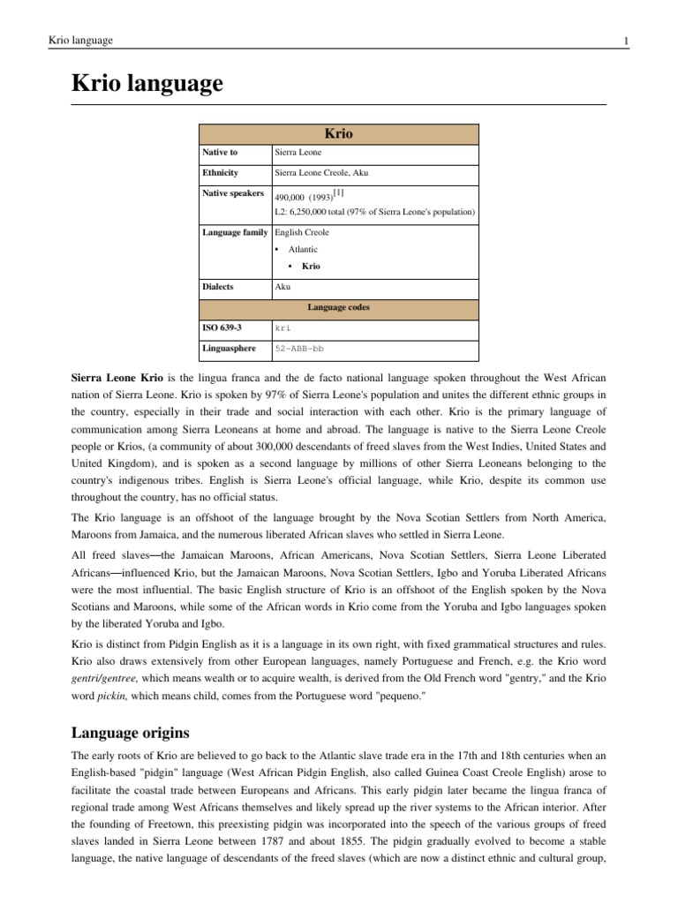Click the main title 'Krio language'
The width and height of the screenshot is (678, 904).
point(147,84)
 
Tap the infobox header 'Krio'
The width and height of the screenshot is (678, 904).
point(339,134)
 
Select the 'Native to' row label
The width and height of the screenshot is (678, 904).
point(220,153)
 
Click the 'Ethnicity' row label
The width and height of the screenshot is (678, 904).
point(221,173)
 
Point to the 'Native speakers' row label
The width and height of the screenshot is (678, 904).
point(233,192)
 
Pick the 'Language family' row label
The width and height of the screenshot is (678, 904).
point(236,232)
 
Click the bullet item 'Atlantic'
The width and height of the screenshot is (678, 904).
point(303,249)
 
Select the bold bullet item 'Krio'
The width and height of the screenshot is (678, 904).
point(311,266)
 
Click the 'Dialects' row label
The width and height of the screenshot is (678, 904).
point(219,287)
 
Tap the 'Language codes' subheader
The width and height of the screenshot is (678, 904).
point(339,307)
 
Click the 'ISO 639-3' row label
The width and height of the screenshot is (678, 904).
point(222,328)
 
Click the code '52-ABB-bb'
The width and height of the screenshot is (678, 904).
point(299,349)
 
